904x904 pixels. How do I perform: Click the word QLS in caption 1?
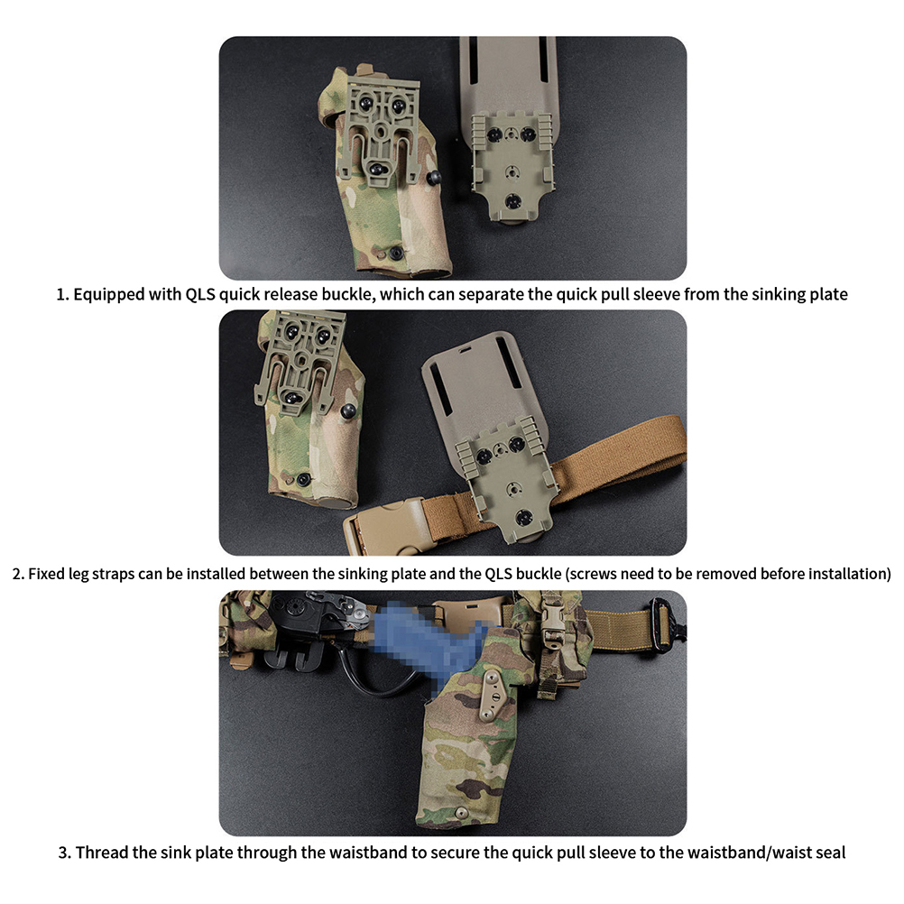(x=200, y=295)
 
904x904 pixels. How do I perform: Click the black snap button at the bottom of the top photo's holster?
(x=396, y=253)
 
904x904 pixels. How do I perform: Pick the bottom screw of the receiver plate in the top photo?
(x=512, y=202)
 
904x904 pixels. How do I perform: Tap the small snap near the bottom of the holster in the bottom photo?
(x=461, y=814)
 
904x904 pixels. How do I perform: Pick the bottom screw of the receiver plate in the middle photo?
(x=523, y=518)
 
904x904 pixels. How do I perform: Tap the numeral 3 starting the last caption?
(x=63, y=853)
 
